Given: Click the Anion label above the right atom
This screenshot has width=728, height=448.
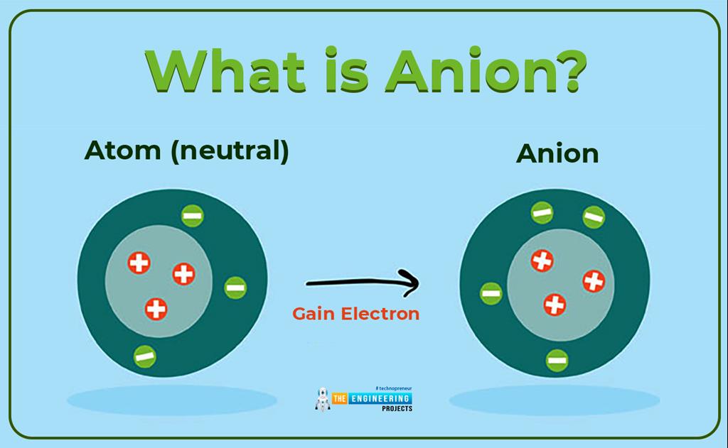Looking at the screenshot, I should (x=557, y=153).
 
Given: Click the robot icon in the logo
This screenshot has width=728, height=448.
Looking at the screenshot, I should (x=323, y=399).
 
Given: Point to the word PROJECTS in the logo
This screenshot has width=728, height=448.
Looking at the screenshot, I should (x=397, y=409).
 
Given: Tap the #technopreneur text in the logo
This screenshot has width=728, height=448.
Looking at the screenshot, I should (x=393, y=388).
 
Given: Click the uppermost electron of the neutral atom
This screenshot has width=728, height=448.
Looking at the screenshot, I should (x=192, y=215).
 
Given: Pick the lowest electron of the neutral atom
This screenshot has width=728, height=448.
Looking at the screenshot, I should (x=144, y=356).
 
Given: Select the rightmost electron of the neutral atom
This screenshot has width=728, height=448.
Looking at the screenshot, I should (x=235, y=288).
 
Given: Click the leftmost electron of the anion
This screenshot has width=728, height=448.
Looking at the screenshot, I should (x=491, y=293).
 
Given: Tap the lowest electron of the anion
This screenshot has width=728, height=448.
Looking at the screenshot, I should (x=557, y=359).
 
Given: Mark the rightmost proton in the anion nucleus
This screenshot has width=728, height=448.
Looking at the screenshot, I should (x=594, y=281).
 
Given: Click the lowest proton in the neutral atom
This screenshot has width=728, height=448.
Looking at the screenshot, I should (x=156, y=309).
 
